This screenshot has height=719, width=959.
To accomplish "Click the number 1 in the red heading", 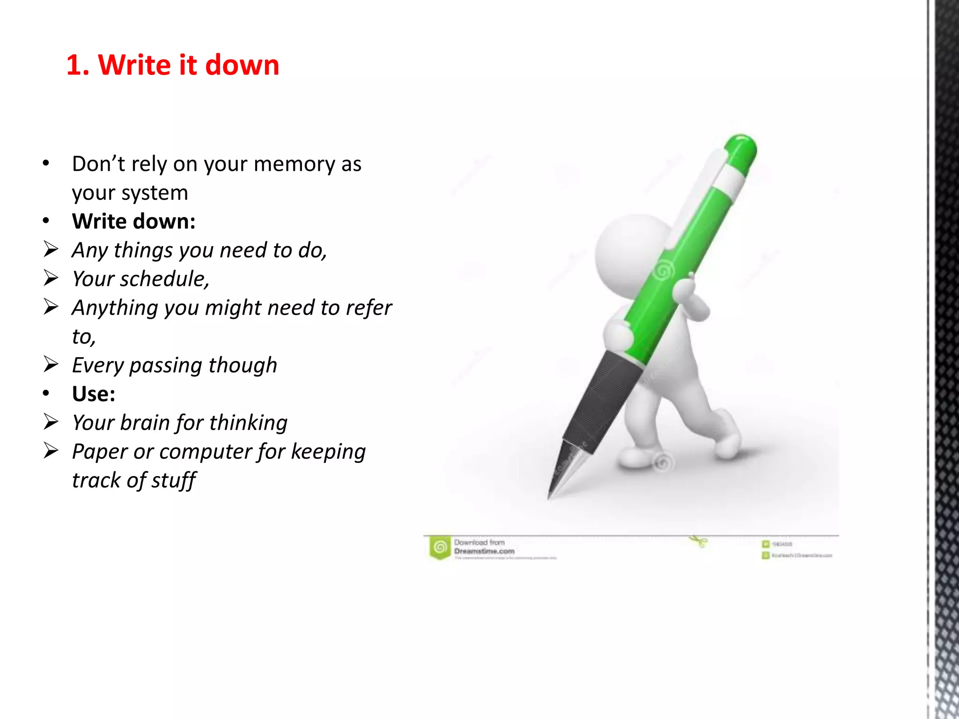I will coord(75,65).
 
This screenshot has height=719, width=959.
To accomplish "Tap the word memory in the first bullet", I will coord(295,164).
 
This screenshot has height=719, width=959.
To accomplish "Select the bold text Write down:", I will coord(134,221).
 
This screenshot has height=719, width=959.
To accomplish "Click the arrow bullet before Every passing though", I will coord(51,364).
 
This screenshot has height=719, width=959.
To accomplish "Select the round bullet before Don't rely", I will coord(45,163).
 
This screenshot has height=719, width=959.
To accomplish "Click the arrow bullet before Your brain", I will coord(51,422).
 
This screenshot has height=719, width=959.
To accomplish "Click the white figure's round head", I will coord(627,253).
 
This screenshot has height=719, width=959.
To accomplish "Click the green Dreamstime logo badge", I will coord(440,547).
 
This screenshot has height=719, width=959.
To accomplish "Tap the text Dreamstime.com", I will coord(484,551).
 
